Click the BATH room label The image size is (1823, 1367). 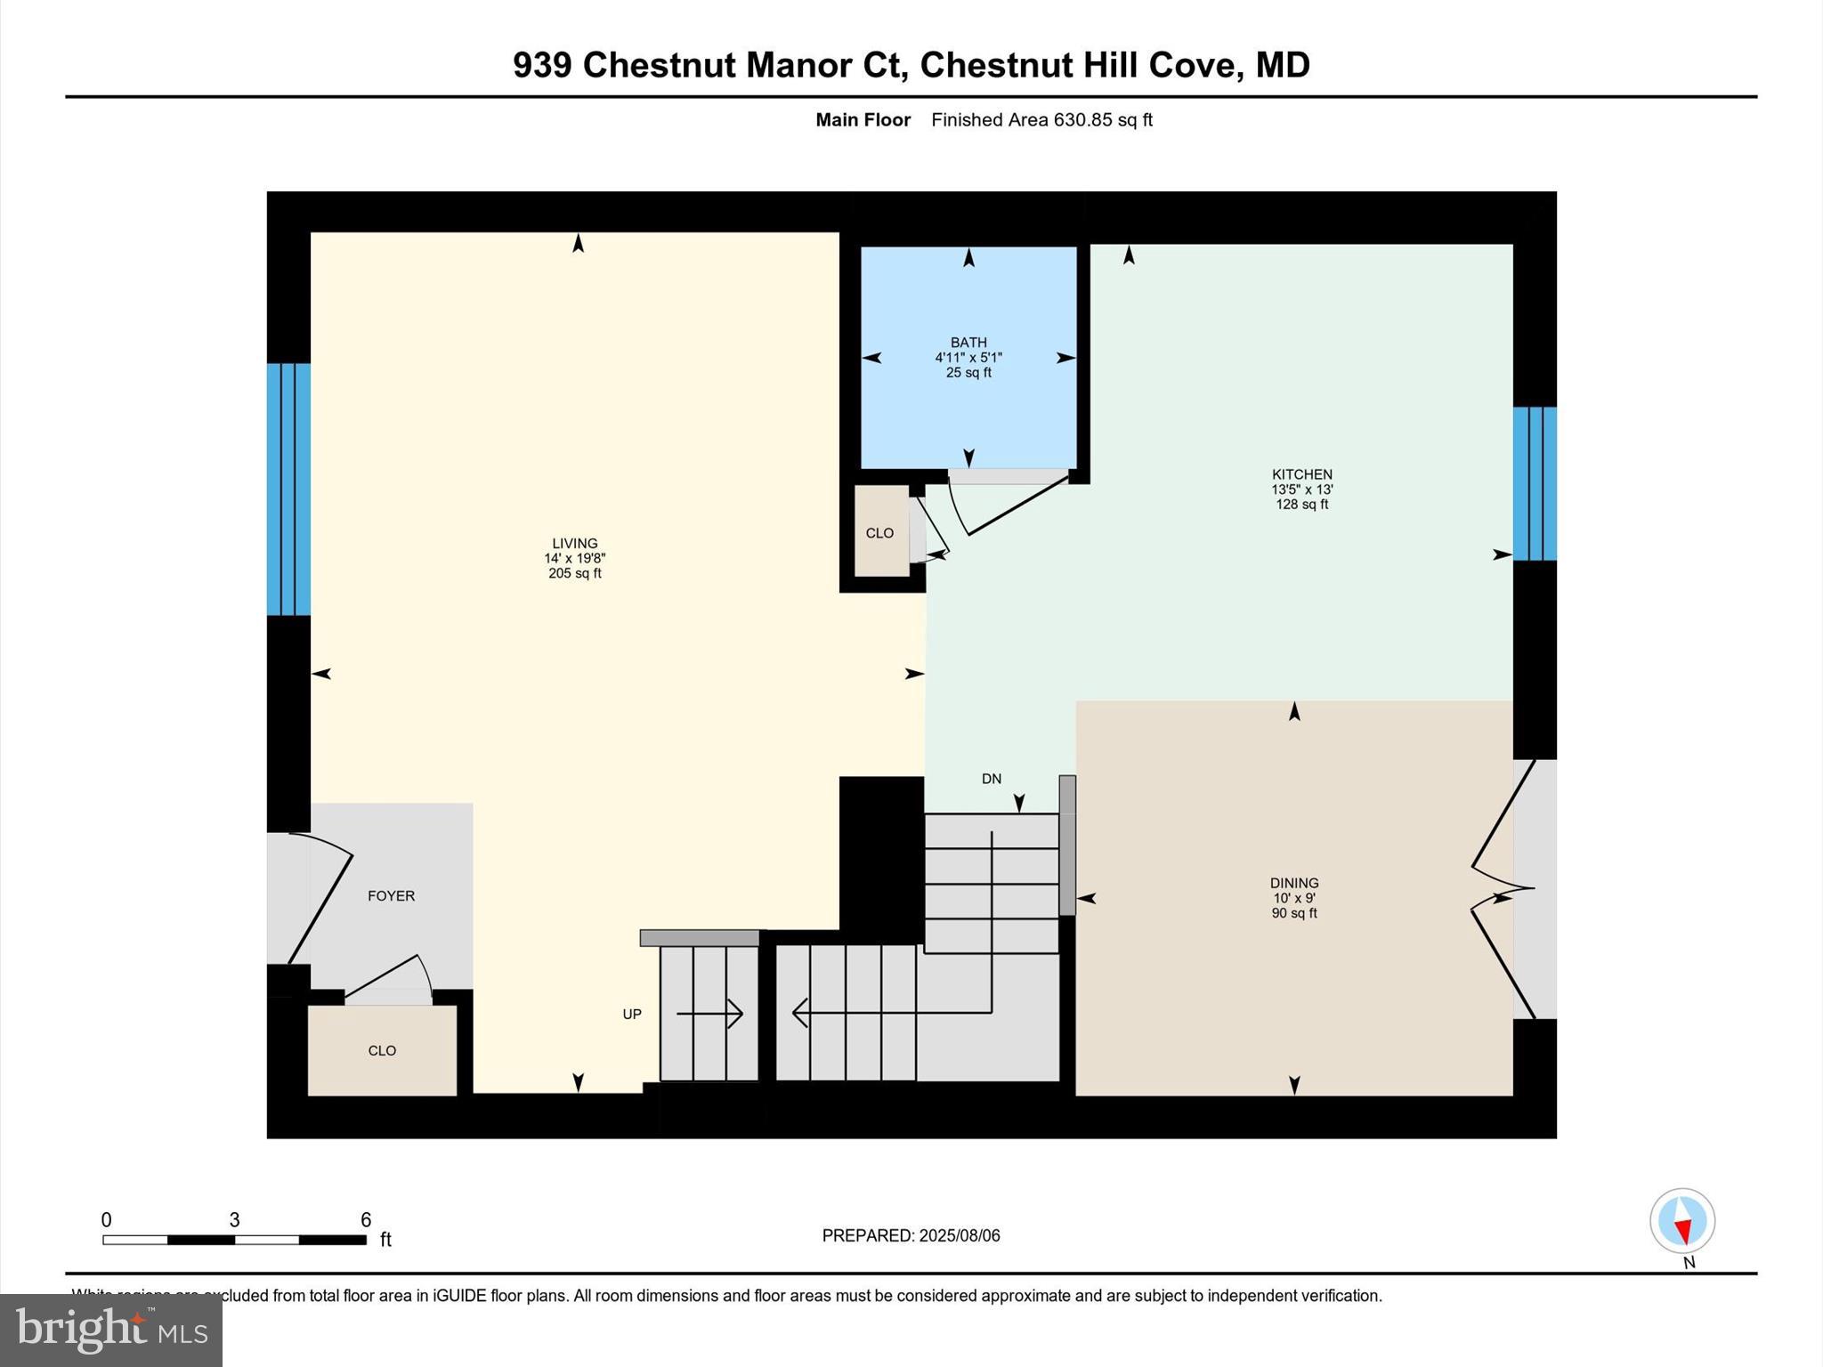click(x=968, y=343)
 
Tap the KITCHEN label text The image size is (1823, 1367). click(x=1301, y=474)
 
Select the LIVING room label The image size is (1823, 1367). click(x=574, y=543)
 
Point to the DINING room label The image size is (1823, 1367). click(x=1293, y=883)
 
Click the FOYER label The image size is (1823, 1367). click(x=391, y=895)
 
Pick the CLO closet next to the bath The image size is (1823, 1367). click(x=879, y=532)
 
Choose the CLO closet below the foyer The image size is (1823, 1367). click(x=382, y=1050)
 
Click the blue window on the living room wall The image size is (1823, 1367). click(x=288, y=489)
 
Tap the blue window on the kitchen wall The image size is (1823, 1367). click(x=1535, y=483)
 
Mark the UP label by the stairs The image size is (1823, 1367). click(x=632, y=1014)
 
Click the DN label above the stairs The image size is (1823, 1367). click(x=992, y=779)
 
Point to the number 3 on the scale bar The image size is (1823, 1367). click(x=234, y=1219)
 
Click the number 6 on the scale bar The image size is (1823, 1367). click(x=365, y=1219)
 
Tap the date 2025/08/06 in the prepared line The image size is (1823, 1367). click(x=960, y=1235)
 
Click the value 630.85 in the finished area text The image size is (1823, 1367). click(x=1082, y=120)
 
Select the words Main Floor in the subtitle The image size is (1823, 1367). click(x=863, y=120)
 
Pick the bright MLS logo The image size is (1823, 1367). click(x=111, y=1330)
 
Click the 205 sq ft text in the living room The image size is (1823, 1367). click(x=574, y=573)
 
